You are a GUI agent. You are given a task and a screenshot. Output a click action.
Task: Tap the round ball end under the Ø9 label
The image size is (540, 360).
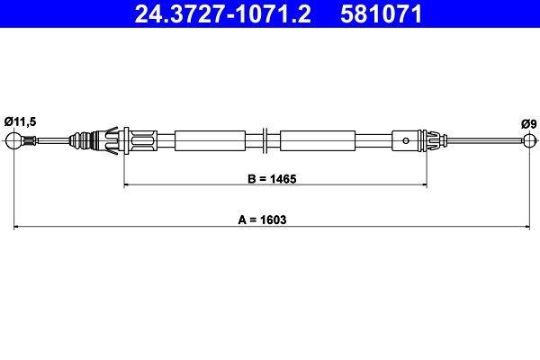528,139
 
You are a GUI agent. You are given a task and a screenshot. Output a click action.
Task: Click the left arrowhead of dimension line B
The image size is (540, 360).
125,184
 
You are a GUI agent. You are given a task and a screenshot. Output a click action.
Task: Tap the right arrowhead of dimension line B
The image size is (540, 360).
423,184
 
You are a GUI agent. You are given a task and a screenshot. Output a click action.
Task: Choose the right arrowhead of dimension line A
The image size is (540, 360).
525,226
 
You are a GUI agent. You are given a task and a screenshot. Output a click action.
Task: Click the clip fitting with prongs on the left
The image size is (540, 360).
115,139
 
